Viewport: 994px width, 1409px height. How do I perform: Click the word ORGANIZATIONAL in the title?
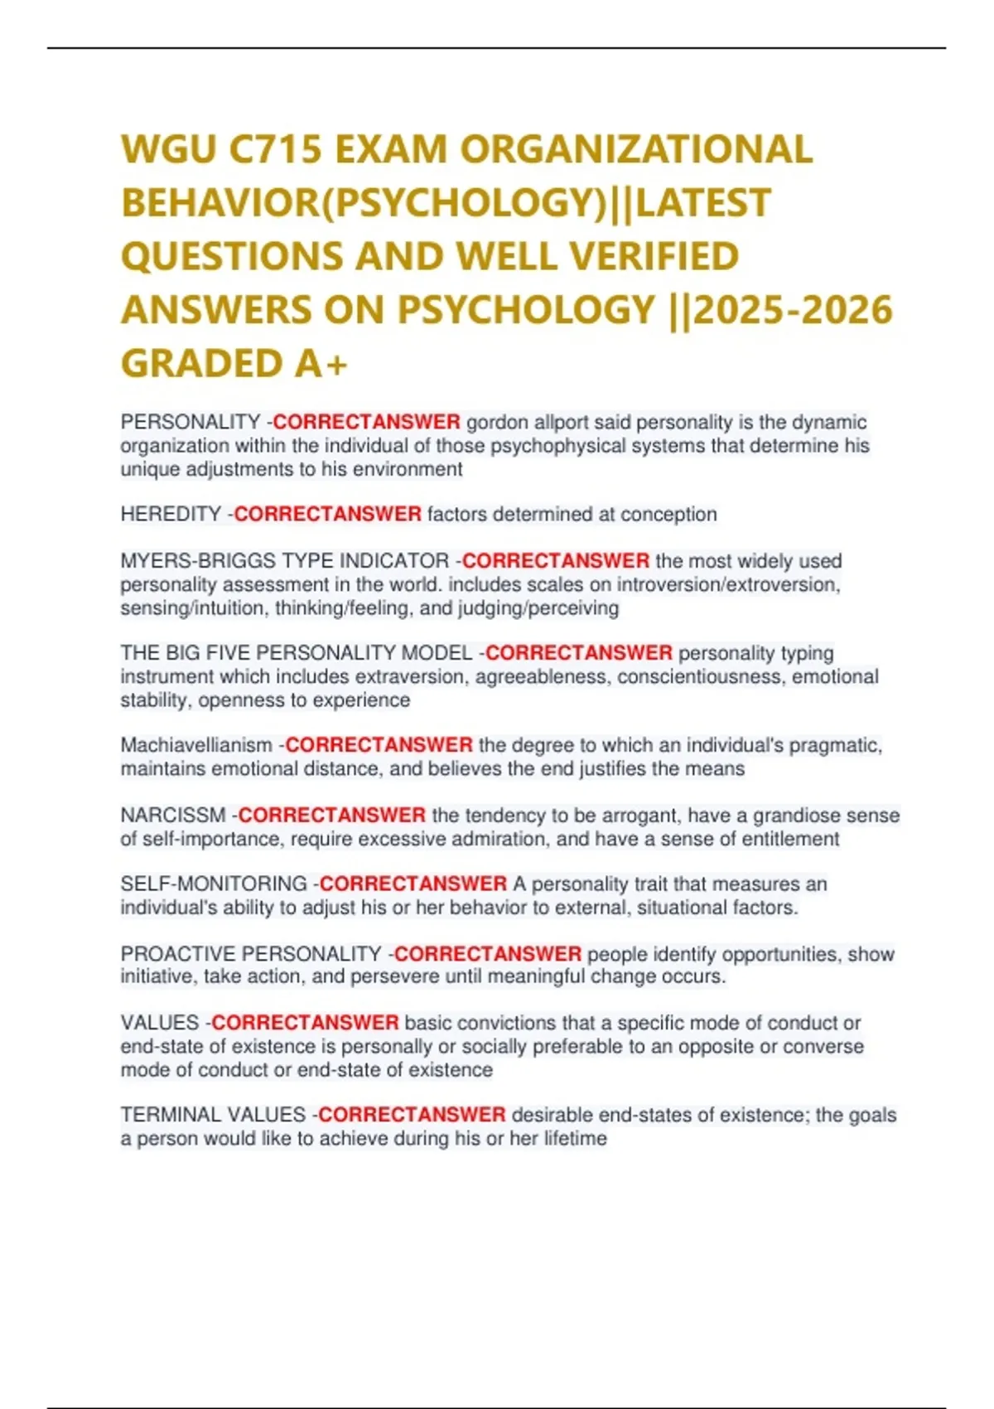(x=635, y=150)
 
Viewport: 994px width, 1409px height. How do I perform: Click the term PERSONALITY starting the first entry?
(x=191, y=423)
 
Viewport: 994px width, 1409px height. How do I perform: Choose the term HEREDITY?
(x=171, y=515)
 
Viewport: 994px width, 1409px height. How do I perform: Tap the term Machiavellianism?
(x=196, y=745)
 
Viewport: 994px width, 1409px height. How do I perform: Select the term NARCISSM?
(x=173, y=816)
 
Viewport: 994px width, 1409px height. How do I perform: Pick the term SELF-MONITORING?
(x=214, y=884)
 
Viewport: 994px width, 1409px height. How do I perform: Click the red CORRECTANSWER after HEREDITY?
(x=328, y=515)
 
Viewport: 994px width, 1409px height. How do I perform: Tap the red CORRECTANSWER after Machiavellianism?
(x=379, y=745)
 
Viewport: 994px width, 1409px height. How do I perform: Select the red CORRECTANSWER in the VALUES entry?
(x=306, y=1023)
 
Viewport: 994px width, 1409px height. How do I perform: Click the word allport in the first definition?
(x=561, y=423)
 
